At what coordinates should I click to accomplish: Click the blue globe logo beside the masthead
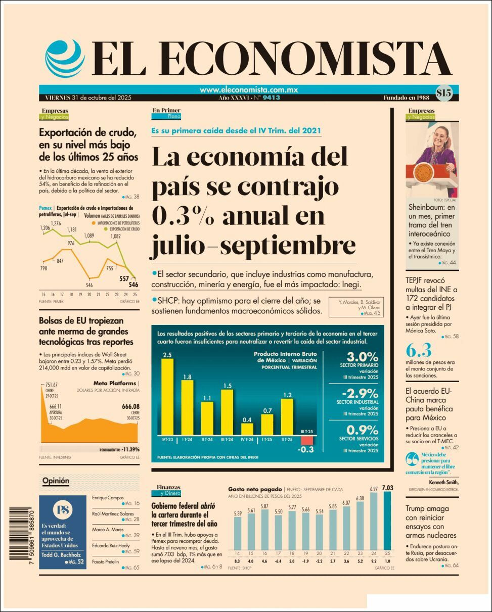point(65,58)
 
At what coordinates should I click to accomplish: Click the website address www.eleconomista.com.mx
point(248,89)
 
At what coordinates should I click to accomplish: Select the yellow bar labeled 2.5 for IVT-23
point(167,397)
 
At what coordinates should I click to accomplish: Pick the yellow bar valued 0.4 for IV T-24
point(247,429)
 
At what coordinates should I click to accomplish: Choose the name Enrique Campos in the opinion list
point(108,497)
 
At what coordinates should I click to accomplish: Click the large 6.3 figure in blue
point(418,350)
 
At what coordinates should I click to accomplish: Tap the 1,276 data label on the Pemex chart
point(56,223)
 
